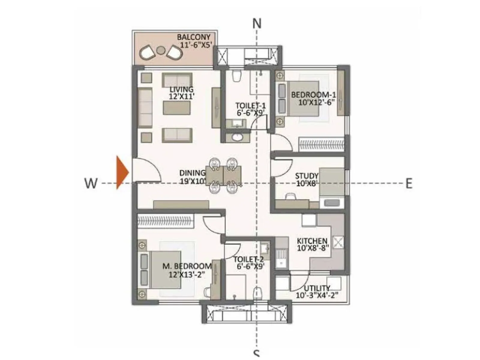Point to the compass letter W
pos(91,183)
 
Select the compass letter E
pos(409,183)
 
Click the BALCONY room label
pos(194,37)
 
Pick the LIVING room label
pos(181,89)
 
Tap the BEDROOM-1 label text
pos(313,95)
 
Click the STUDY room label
pos(307,176)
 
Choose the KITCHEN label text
pos(312,241)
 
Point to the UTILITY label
pos(317,288)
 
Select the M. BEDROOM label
pos(187,266)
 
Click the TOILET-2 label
pos(249,259)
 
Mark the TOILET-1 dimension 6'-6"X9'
pos(251,113)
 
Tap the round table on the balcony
pos(161,50)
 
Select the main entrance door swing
pos(147,171)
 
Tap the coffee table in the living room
pos(176,108)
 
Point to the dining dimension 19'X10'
pos(193,181)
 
